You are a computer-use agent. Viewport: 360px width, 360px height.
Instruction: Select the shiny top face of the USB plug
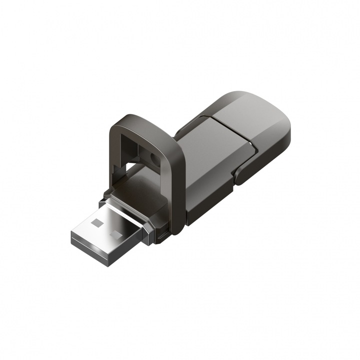pyautogui.click(x=107, y=227)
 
